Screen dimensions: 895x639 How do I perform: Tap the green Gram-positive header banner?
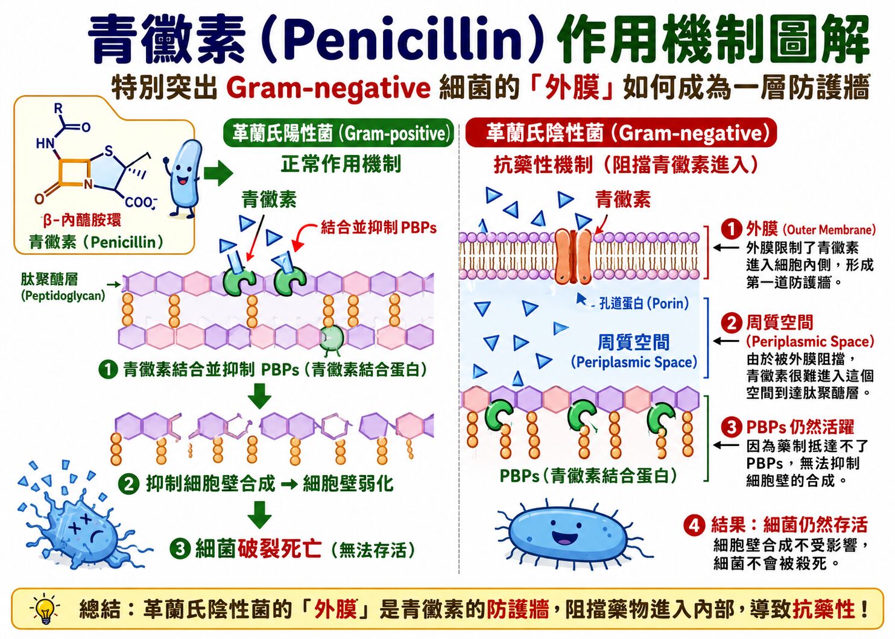[x=338, y=133]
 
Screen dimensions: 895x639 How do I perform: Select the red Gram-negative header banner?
[x=621, y=133]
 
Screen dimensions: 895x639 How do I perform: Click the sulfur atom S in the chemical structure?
[x=109, y=151]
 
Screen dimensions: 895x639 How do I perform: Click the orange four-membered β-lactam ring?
[x=75, y=173]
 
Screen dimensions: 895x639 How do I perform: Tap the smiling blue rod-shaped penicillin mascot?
[x=183, y=177]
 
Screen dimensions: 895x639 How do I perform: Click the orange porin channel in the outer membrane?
[x=574, y=256]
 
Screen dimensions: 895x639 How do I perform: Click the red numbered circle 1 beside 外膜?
[x=732, y=229]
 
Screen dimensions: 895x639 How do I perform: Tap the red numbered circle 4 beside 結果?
[x=694, y=525]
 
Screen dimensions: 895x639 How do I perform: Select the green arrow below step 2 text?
[x=259, y=514]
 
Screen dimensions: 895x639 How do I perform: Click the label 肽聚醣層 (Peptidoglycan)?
[x=63, y=287]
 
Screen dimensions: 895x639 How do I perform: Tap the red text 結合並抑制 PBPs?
[x=378, y=228]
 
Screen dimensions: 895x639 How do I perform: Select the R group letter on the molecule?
[x=59, y=109]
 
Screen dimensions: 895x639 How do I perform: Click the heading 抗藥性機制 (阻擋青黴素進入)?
[x=625, y=165]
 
